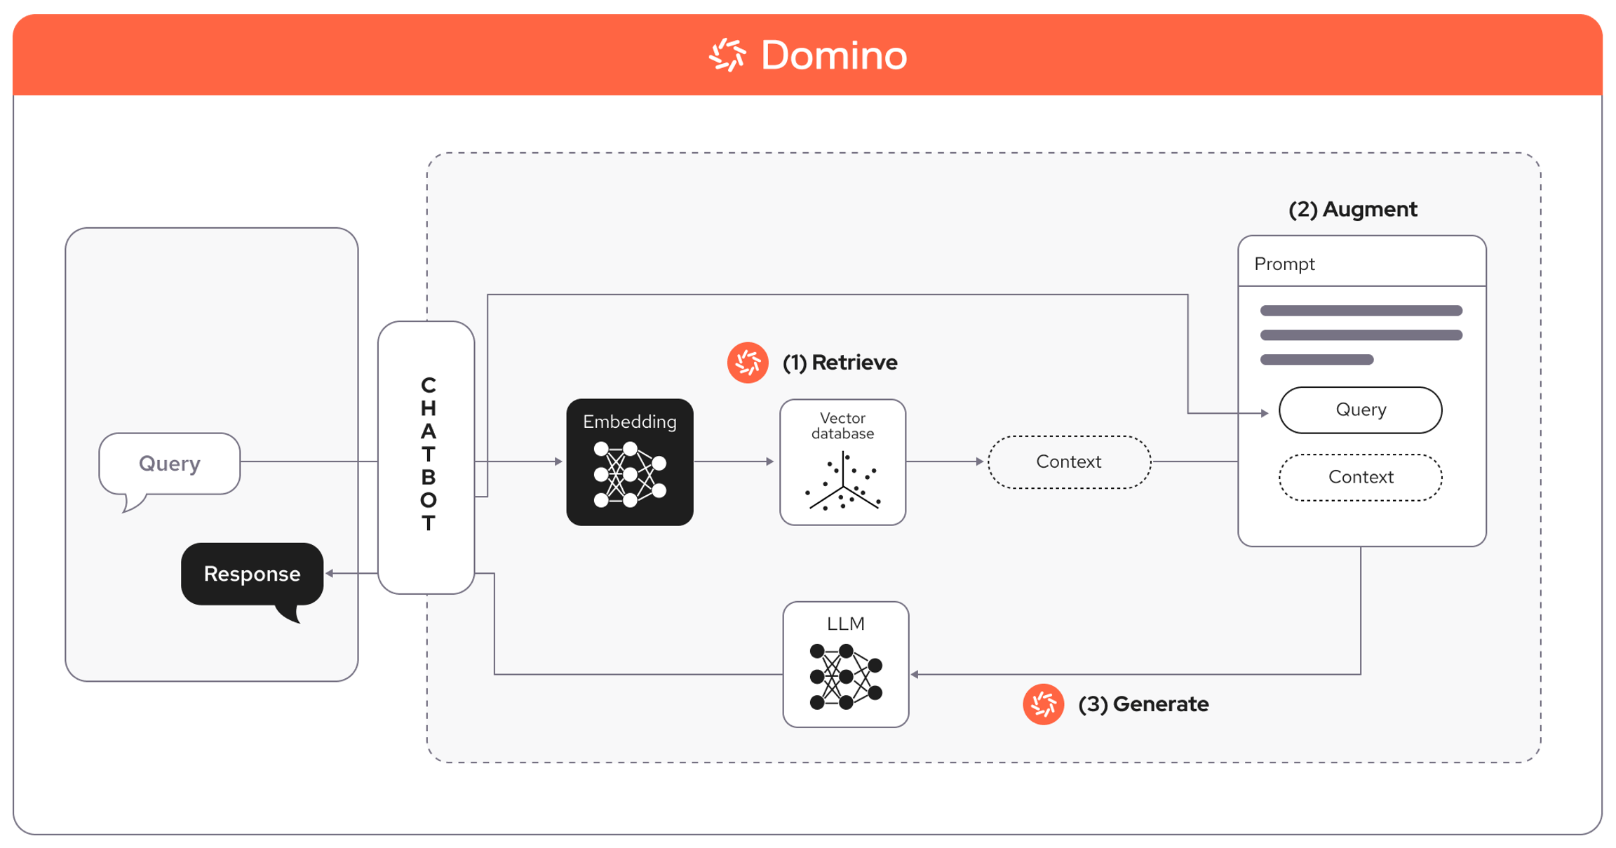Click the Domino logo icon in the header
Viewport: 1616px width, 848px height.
click(727, 55)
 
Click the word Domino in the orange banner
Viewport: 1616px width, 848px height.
click(834, 55)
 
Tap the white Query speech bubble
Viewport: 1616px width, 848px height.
click(170, 464)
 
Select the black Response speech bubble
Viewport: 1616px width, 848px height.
click(252, 574)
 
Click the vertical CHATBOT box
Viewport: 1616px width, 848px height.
click(426, 457)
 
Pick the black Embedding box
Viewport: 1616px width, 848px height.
click(630, 462)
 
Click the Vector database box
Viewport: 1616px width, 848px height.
click(842, 462)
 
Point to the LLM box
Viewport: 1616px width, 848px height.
click(846, 664)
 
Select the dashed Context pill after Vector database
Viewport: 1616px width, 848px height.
click(1069, 462)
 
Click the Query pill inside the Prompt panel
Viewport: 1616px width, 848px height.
click(1360, 410)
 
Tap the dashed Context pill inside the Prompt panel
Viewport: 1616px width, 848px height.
click(1360, 477)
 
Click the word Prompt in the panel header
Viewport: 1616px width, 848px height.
click(1284, 264)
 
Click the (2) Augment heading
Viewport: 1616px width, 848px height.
click(1352, 209)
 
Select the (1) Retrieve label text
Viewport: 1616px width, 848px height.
click(840, 363)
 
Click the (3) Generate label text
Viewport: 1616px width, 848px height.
click(1143, 704)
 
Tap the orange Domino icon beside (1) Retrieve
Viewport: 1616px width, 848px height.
click(748, 363)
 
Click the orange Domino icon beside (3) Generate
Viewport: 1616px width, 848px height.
click(1043, 704)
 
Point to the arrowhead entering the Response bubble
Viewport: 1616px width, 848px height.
click(329, 574)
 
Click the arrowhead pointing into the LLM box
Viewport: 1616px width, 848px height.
click(915, 674)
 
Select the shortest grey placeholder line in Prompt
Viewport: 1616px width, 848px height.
click(1317, 360)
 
